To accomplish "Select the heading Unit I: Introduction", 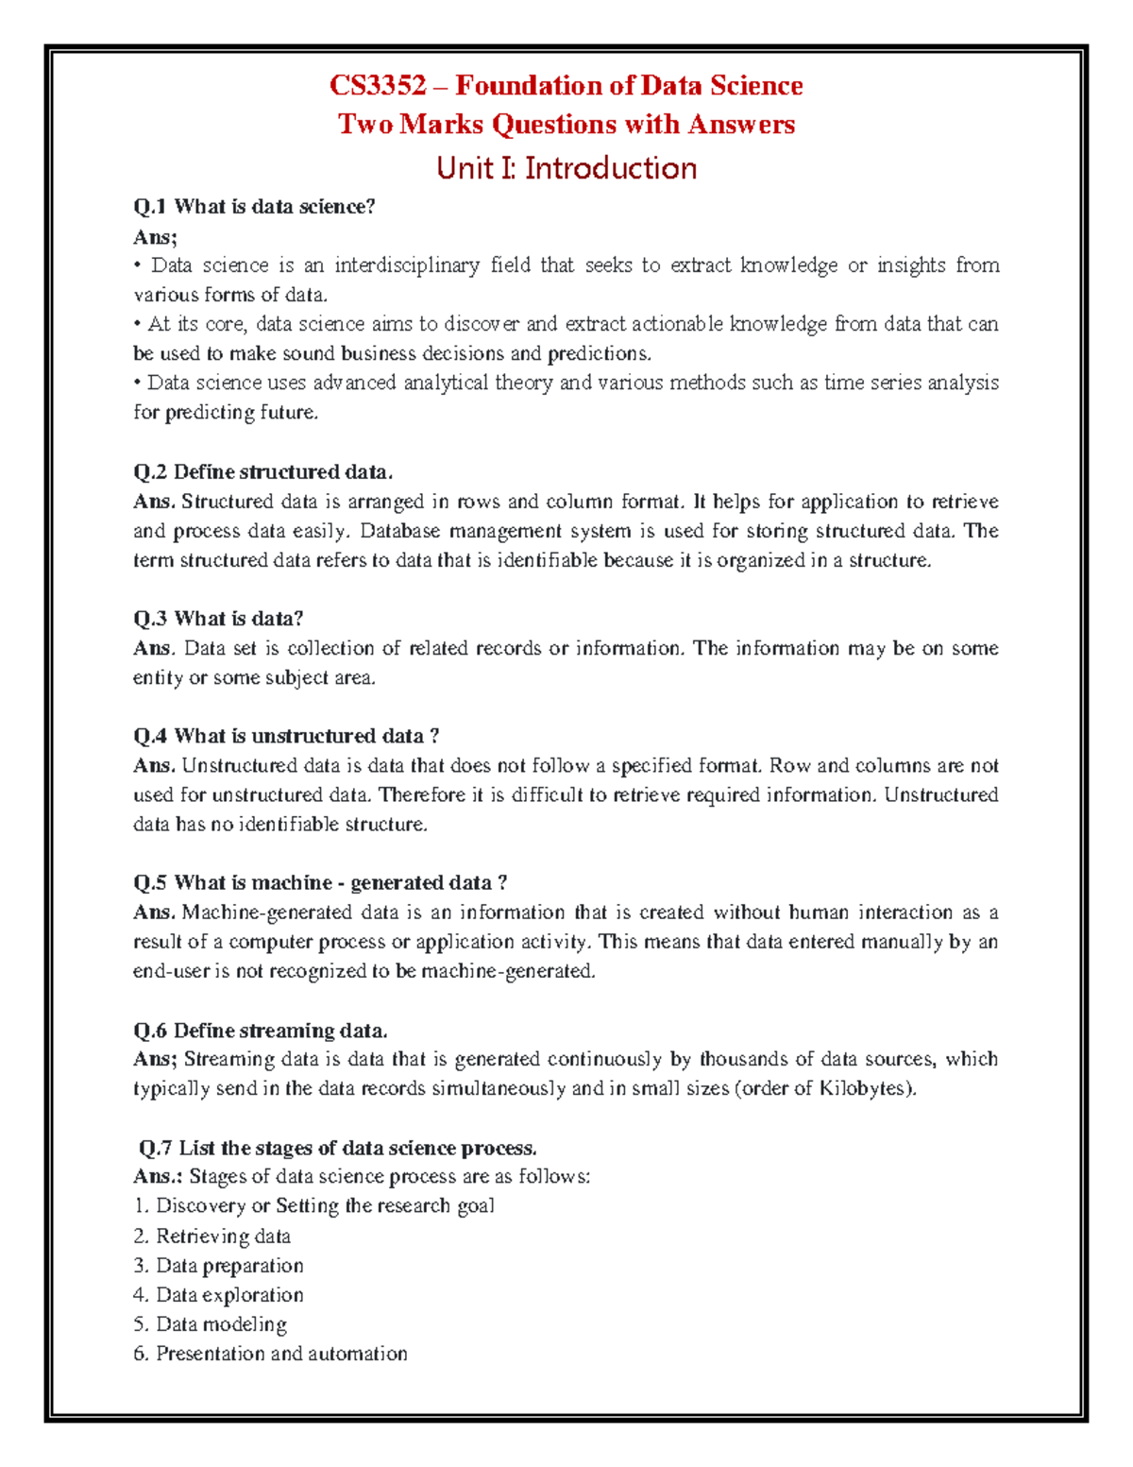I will pyautogui.click(x=566, y=168).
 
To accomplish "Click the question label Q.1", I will pyautogui.click(x=151, y=207).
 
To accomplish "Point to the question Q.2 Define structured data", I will pyautogui.click(x=262, y=471).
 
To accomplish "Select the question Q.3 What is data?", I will pyautogui.click(x=218, y=619).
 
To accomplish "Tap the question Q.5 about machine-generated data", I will pyautogui.click(x=320, y=882).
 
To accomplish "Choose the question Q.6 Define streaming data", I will pyautogui.click(x=261, y=1030).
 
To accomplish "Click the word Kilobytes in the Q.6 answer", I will pyautogui.click(x=867, y=1088).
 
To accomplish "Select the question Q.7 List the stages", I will pyautogui.click(x=337, y=1148).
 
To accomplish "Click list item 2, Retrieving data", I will pyautogui.click(x=212, y=1236).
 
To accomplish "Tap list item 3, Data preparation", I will pyautogui.click(x=219, y=1266).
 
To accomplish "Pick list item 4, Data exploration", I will pyautogui.click(x=219, y=1295).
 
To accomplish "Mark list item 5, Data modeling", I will pyautogui.click(x=211, y=1324).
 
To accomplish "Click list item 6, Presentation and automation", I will pyautogui.click(x=271, y=1354).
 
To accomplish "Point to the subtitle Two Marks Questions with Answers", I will pyautogui.click(x=566, y=125).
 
